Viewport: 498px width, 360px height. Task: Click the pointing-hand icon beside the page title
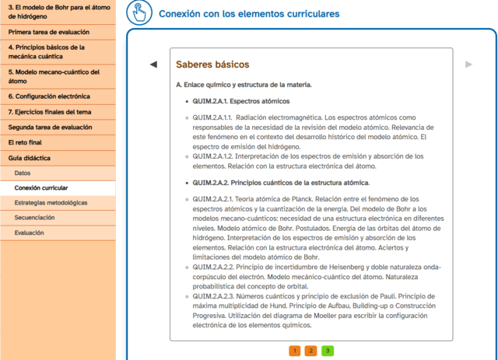[x=139, y=13]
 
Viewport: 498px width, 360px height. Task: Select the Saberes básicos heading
[x=212, y=64]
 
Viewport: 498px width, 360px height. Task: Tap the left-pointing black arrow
[x=153, y=64]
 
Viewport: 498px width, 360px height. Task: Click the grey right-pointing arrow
[x=468, y=64]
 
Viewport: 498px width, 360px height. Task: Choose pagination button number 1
[x=294, y=351]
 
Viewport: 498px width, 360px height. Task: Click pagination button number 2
[x=310, y=351]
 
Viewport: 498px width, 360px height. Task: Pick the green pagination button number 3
[x=328, y=351]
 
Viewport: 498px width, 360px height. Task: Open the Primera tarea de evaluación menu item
[x=49, y=33]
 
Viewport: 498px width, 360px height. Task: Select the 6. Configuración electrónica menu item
[x=50, y=96]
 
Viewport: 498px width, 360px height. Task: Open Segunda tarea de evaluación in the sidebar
[x=51, y=127]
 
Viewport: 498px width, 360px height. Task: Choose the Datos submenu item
[x=23, y=173]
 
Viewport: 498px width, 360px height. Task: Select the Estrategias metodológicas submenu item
[x=51, y=203]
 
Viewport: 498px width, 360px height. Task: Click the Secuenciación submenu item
[x=34, y=218]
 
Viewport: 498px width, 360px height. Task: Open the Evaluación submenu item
[x=30, y=232]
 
